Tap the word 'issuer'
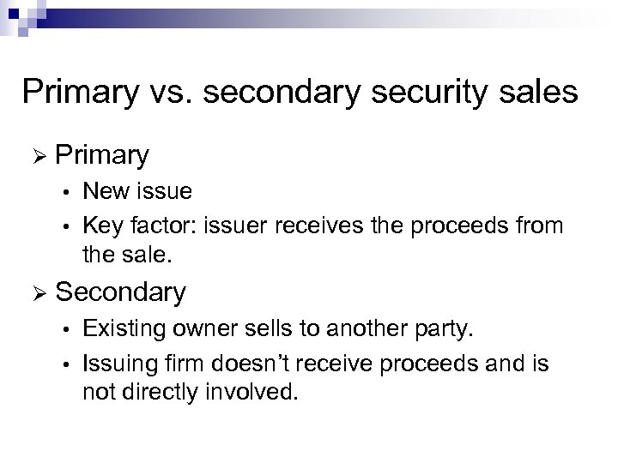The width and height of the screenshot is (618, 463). pos(232,226)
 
